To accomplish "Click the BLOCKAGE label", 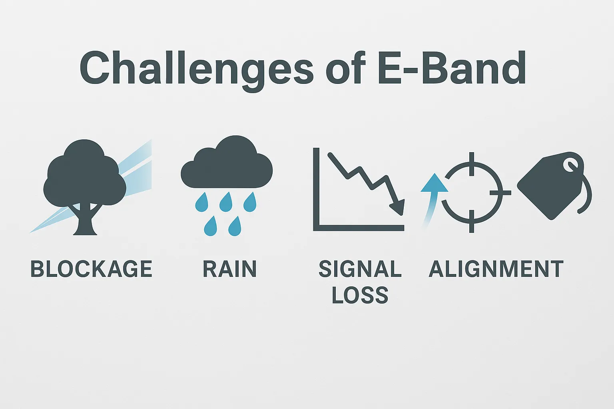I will (92, 269).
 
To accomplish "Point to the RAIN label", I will (229, 269).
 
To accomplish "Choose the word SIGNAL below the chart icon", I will (360, 269).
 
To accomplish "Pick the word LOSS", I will (360, 295).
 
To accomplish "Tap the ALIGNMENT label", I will (496, 269).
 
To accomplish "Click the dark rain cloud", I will (227, 166).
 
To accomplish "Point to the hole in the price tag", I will (569, 164).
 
